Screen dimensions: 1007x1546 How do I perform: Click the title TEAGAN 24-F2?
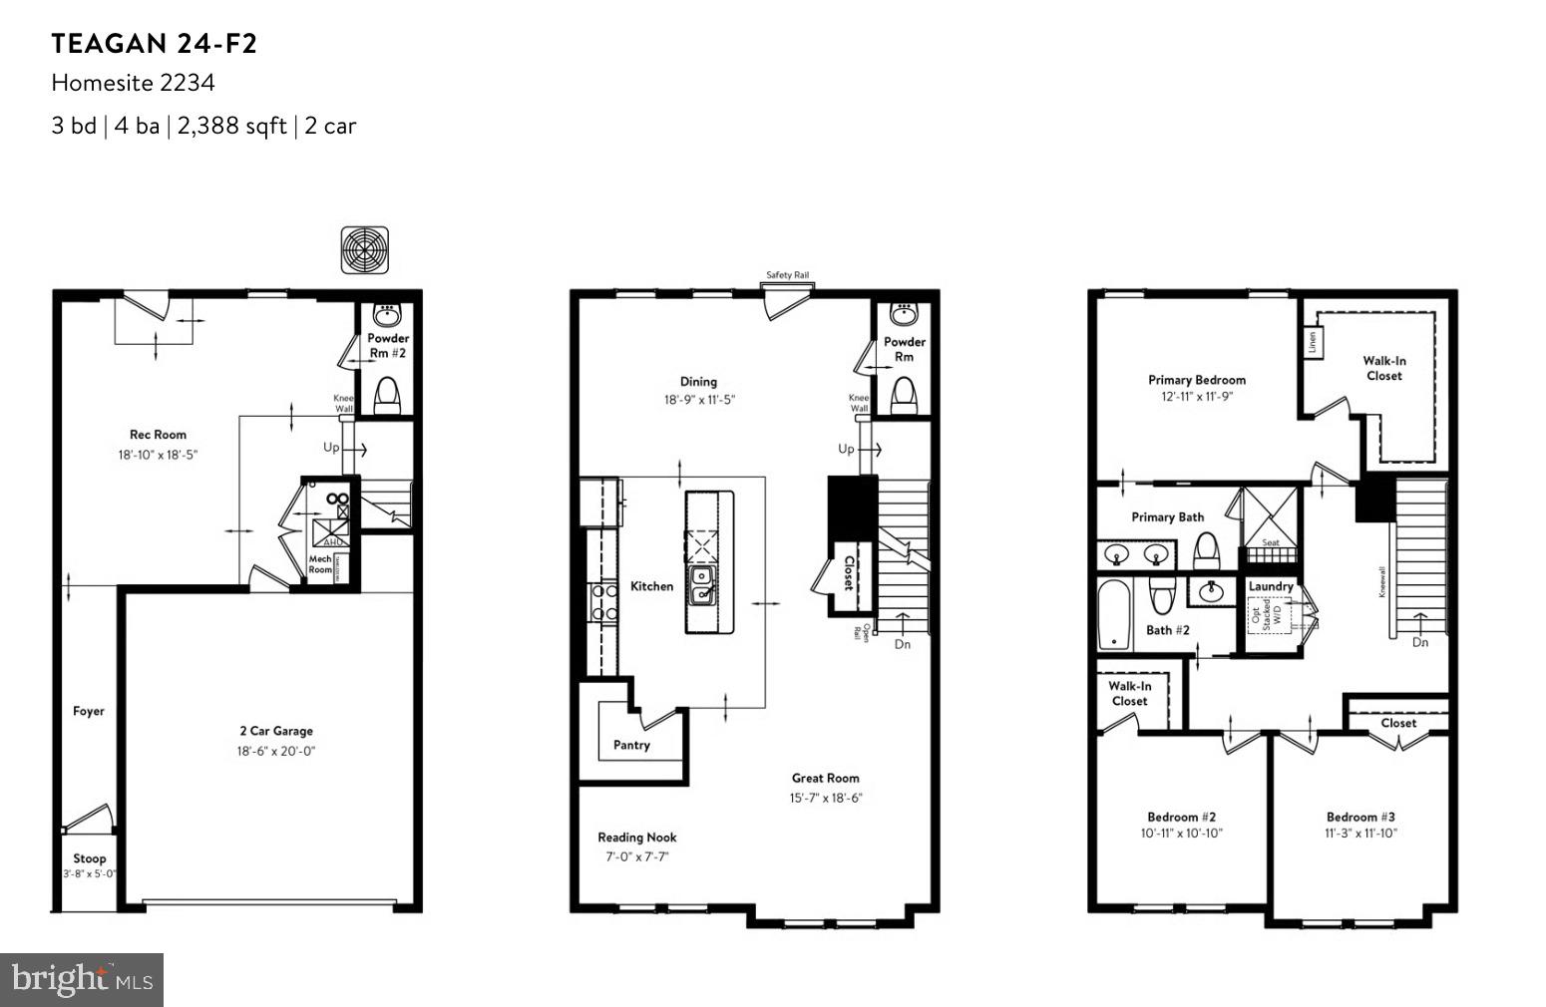tap(155, 44)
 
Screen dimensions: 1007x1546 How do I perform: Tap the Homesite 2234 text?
tap(133, 83)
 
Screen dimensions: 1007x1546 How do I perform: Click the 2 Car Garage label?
tap(275, 731)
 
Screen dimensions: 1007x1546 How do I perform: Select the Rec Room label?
tap(158, 435)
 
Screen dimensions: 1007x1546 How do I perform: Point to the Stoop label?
tap(89, 858)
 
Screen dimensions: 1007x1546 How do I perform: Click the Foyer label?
tap(89, 711)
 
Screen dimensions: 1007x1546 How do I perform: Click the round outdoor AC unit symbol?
tap(364, 250)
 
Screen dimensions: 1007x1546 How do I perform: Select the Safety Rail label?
tap(787, 275)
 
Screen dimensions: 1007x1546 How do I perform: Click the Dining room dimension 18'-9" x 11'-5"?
tap(700, 400)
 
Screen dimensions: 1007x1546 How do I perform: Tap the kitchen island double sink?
tap(702, 585)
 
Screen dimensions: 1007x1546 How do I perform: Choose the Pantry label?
tap(631, 745)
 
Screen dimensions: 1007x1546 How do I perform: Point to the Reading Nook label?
tap(636, 838)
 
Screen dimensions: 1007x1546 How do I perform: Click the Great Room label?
tap(825, 778)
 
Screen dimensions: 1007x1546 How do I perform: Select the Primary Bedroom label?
tap(1196, 380)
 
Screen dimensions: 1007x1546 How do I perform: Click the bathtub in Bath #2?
tap(1113, 613)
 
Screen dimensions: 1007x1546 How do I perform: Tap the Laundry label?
tap(1270, 586)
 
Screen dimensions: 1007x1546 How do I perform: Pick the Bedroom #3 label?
tap(1360, 817)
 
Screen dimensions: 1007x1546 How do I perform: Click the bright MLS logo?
tap(82, 979)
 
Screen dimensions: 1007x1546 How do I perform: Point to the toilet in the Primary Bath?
tap(1206, 550)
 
